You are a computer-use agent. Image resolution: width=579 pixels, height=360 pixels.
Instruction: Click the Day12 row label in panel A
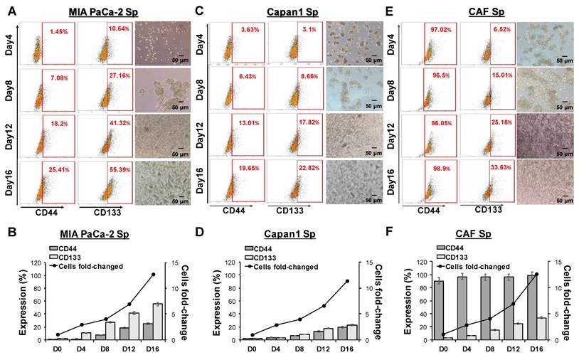9,134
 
